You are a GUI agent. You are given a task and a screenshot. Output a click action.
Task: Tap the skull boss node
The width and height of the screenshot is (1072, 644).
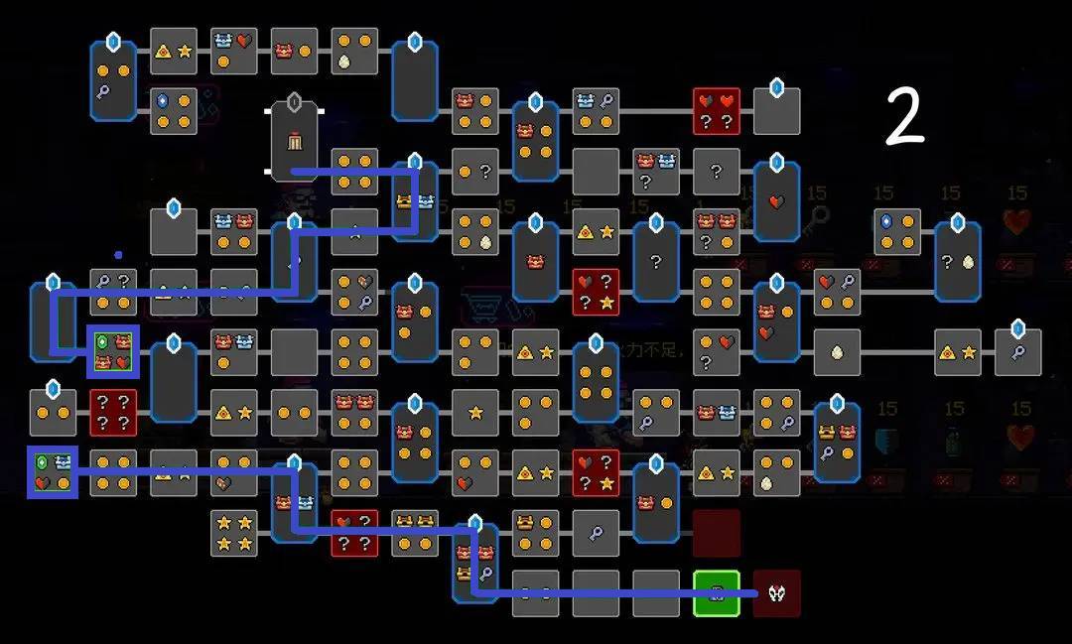coord(776,593)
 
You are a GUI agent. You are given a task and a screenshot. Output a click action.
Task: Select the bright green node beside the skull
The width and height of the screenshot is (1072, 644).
coord(717,593)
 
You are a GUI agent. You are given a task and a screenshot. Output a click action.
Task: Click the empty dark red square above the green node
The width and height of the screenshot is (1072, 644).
coord(717,533)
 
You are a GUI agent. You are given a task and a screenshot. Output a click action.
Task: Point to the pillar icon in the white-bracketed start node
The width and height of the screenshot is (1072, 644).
coord(294,143)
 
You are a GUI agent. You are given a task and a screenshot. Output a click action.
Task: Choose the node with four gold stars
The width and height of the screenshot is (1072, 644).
coord(234,533)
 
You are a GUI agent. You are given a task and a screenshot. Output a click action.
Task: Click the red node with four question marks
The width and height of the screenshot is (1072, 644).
coord(113,413)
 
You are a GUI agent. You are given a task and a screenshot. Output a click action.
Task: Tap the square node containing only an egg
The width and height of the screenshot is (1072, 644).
coord(837,352)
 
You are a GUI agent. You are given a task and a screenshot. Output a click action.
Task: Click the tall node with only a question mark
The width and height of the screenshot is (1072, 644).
coord(656,262)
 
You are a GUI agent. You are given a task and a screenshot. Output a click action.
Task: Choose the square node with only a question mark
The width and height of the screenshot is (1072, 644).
coord(717,172)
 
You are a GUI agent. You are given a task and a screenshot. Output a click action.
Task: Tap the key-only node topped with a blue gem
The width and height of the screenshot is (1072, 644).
coord(1017,352)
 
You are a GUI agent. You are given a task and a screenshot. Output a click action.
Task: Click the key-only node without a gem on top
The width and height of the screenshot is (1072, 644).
coord(596,533)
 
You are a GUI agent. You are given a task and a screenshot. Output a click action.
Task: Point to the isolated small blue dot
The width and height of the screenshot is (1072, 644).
coord(118,255)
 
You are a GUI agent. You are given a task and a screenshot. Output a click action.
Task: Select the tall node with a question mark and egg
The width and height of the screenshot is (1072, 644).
coord(957,262)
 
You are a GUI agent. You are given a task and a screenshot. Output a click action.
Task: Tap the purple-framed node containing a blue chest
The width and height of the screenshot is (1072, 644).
coord(53,472)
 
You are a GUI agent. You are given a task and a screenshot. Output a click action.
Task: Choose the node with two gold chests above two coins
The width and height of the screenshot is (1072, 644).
coord(415,533)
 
